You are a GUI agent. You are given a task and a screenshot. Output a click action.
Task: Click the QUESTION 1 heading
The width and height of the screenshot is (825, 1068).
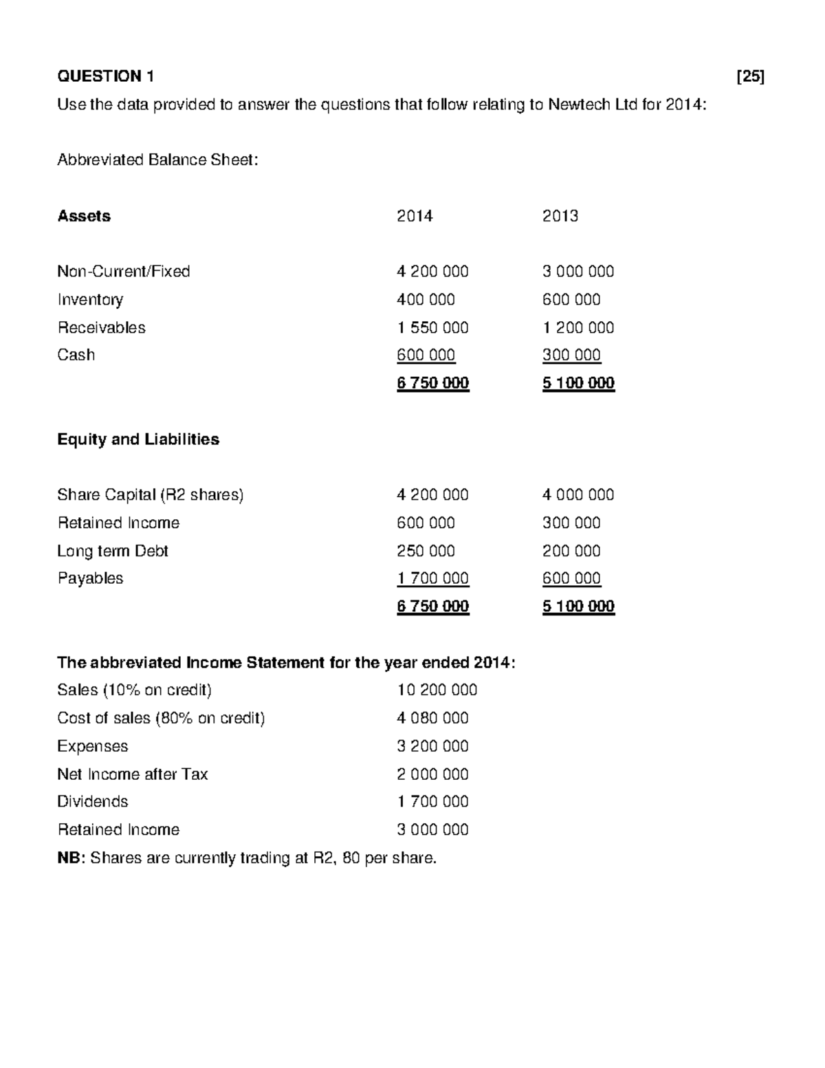(x=105, y=76)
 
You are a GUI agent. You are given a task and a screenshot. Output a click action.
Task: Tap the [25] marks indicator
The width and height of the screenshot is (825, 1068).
(x=750, y=76)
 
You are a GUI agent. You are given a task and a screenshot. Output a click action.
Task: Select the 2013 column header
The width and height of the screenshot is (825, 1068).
(x=560, y=216)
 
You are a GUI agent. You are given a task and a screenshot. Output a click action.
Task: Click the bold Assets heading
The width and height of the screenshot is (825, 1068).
(x=84, y=216)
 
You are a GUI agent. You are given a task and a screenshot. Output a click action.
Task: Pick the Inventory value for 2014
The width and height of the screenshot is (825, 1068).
(x=426, y=300)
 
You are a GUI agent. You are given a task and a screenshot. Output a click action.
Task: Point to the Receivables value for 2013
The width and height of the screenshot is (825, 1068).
(x=577, y=327)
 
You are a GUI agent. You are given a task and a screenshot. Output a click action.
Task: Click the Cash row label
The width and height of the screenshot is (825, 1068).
(x=76, y=355)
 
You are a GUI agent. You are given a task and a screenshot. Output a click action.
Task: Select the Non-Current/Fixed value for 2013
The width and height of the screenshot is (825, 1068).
(x=577, y=272)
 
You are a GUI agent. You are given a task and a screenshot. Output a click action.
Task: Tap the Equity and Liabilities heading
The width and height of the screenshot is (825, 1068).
(x=138, y=439)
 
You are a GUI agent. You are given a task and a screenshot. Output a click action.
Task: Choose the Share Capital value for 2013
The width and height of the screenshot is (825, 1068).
(x=577, y=495)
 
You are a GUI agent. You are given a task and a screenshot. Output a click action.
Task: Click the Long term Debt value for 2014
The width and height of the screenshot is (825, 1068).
(x=426, y=551)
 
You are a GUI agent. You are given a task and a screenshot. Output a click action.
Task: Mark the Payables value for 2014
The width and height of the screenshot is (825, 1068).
(x=432, y=578)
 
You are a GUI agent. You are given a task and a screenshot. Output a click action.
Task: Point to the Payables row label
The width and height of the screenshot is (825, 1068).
(x=90, y=578)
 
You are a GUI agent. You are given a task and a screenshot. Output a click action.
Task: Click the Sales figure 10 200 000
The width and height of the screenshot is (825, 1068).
(x=437, y=690)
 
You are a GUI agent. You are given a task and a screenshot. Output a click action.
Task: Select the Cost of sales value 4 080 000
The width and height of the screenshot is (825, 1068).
(x=432, y=718)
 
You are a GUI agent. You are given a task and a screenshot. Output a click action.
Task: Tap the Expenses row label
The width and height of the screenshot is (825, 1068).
(x=92, y=746)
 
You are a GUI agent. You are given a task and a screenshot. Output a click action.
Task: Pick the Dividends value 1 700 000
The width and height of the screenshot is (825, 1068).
(x=432, y=802)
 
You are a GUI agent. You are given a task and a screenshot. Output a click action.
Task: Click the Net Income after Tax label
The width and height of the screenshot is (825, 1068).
(x=132, y=774)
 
